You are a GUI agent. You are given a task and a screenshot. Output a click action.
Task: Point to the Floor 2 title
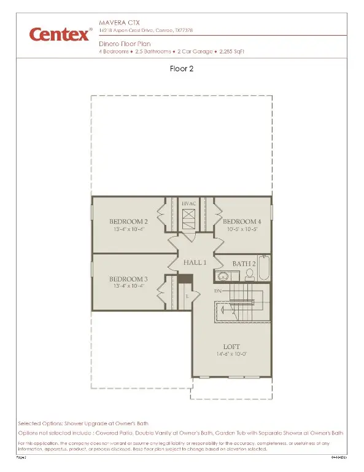click(x=182, y=69)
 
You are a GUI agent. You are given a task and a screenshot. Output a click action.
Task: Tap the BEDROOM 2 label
click(x=128, y=221)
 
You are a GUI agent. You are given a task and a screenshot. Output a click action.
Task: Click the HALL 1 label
click(x=196, y=262)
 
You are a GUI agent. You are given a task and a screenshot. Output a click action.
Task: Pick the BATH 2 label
click(x=244, y=264)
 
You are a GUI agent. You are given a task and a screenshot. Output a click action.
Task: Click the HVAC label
click(x=189, y=202)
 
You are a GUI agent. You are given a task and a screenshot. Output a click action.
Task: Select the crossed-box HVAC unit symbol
click(x=189, y=216)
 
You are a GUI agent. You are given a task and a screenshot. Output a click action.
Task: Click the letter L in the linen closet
click(x=187, y=296)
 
